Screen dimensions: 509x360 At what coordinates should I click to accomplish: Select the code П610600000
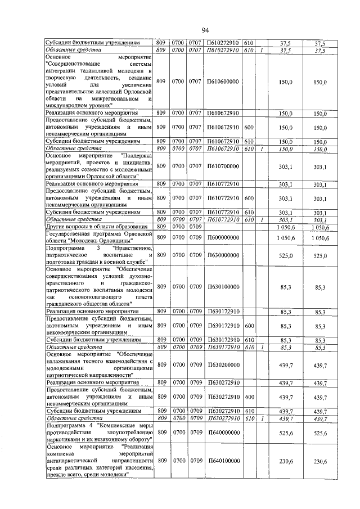(x=223, y=82)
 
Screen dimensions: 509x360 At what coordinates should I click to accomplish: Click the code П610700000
(x=223, y=166)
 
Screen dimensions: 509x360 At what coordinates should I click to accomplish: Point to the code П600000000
(x=223, y=238)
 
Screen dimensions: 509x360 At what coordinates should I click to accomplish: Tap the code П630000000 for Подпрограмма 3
(x=223, y=255)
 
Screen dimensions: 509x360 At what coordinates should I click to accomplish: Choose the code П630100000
(x=223, y=287)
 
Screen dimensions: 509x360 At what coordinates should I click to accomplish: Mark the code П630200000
(x=223, y=366)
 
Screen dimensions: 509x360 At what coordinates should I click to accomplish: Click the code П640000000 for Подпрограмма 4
(x=223, y=433)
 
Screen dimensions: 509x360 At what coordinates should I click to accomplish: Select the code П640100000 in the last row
(x=223, y=461)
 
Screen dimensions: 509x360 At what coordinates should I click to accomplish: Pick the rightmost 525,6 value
(x=321, y=433)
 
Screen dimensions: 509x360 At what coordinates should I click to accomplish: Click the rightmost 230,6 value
(x=321, y=461)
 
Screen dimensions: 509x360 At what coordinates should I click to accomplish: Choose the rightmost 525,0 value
(x=321, y=255)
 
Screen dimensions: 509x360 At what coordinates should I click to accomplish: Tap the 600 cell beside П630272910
(x=249, y=397)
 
